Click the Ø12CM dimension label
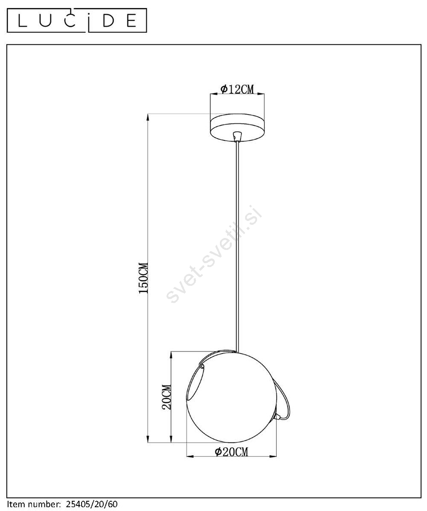[x=237, y=89]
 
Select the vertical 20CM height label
[x=167, y=397]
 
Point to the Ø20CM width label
[x=231, y=452]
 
